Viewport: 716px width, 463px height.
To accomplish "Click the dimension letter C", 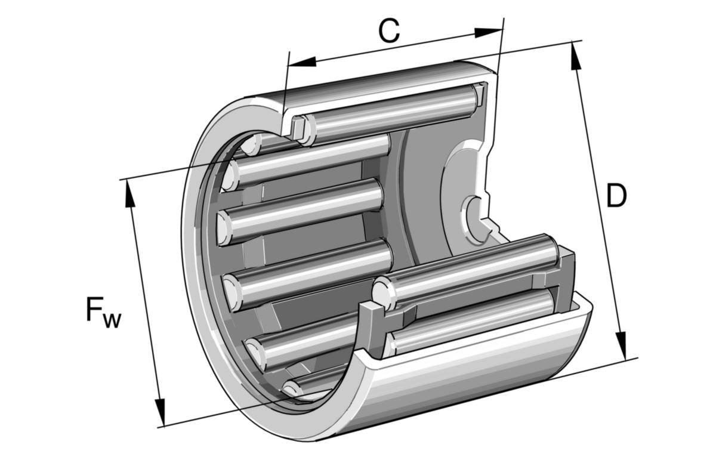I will click(388, 31).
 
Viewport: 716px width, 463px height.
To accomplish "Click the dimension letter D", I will click(616, 196).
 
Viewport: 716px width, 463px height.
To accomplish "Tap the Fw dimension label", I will click(103, 311).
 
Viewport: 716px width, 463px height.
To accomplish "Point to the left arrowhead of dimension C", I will click(302, 61).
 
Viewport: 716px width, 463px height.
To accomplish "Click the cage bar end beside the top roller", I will click(298, 126).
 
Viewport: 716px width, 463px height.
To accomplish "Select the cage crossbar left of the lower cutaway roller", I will click(369, 322).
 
